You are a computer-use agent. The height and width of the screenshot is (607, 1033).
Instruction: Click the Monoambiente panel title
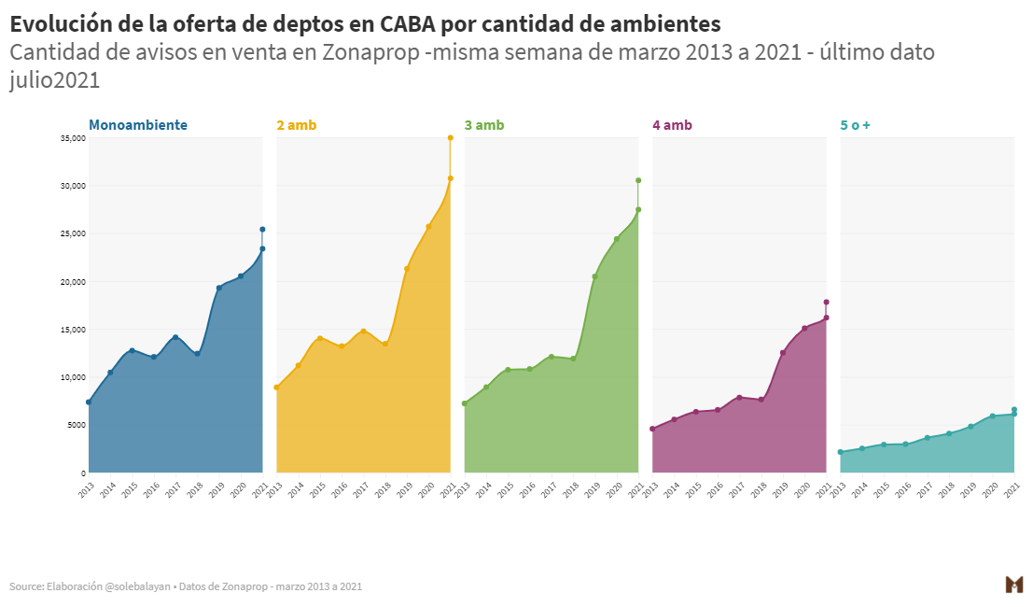pos(138,125)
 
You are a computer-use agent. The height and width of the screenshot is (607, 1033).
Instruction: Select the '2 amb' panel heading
pos(297,125)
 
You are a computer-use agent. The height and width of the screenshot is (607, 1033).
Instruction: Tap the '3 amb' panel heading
pos(484,125)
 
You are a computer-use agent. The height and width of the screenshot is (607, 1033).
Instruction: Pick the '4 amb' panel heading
pos(673,125)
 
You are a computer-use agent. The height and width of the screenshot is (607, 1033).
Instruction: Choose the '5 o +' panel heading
pos(856,125)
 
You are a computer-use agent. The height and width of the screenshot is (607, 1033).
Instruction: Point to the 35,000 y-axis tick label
pos(73,138)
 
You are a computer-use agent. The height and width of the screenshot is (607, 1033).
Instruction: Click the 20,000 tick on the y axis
pos(73,282)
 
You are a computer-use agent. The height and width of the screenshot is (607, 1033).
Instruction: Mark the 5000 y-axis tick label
pos(76,425)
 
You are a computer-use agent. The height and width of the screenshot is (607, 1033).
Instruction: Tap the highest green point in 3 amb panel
pos(638,180)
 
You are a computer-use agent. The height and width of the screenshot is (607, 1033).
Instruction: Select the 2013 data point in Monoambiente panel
pos(89,402)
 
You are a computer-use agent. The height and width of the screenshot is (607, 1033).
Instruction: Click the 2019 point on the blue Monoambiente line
pos(219,288)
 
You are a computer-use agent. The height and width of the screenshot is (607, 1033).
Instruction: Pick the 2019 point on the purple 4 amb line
pos(783,353)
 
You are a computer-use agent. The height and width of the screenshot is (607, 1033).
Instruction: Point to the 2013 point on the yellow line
pos(276,388)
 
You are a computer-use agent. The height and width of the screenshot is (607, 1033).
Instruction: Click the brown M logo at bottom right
pos(1013,585)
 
